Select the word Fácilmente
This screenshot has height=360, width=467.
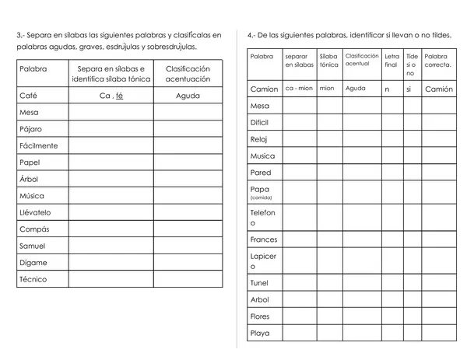pyautogui.click(x=38, y=146)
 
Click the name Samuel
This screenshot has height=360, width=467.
pyautogui.click(x=33, y=246)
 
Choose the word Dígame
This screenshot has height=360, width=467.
pyautogui.click(x=33, y=263)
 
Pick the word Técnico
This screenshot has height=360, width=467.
pyautogui.click(x=33, y=279)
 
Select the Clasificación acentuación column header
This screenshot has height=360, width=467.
pyautogui.click(x=188, y=74)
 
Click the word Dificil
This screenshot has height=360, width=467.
pyautogui.click(x=261, y=123)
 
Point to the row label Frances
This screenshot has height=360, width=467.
pyautogui.click(x=264, y=239)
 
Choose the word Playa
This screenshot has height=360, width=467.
pyautogui.click(x=260, y=334)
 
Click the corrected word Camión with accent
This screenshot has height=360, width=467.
pyautogui.click(x=439, y=89)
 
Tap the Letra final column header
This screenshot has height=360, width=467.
pyautogui.click(x=392, y=61)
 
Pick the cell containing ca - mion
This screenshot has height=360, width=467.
pyautogui.click(x=299, y=89)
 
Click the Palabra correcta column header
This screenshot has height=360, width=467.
pyautogui.click(x=438, y=61)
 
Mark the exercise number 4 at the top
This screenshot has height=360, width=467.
pyautogui.click(x=251, y=35)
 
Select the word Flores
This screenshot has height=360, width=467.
pyautogui.click(x=261, y=316)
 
